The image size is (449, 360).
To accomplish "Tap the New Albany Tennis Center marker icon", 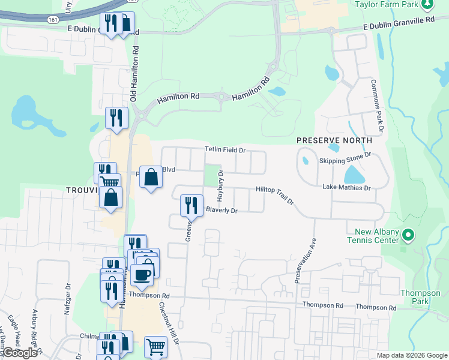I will pyautogui.click(x=408, y=235).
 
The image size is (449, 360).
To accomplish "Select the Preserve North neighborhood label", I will pyautogui.click(x=334, y=140).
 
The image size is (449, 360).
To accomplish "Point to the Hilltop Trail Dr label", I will pyautogui.click(x=275, y=194).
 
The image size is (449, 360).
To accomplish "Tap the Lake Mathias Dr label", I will pyautogui.click(x=346, y=188).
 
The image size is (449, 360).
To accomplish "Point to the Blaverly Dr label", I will pyautogui.click(x=222, y=211).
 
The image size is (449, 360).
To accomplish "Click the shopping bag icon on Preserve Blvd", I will pyautogui.click(x=151, y=177).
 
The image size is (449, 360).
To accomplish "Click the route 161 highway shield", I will pyautogui.click(x=53, y=20).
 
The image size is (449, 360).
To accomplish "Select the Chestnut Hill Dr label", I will pyautogui.click(x=169, y=322).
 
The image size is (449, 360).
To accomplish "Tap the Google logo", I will pyautogui.click(x=20, y=353).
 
